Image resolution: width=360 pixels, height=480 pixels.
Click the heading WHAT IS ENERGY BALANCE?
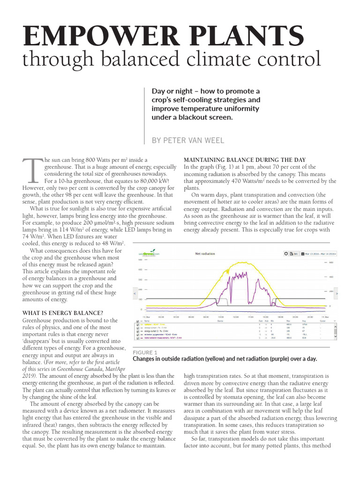63,313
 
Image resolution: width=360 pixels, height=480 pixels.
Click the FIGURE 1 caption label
145,352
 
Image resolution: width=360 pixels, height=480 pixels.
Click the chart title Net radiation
205,254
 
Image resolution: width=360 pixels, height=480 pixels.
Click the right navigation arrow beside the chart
336,293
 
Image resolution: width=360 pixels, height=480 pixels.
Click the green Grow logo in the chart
149,254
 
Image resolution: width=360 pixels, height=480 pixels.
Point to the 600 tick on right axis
330,262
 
